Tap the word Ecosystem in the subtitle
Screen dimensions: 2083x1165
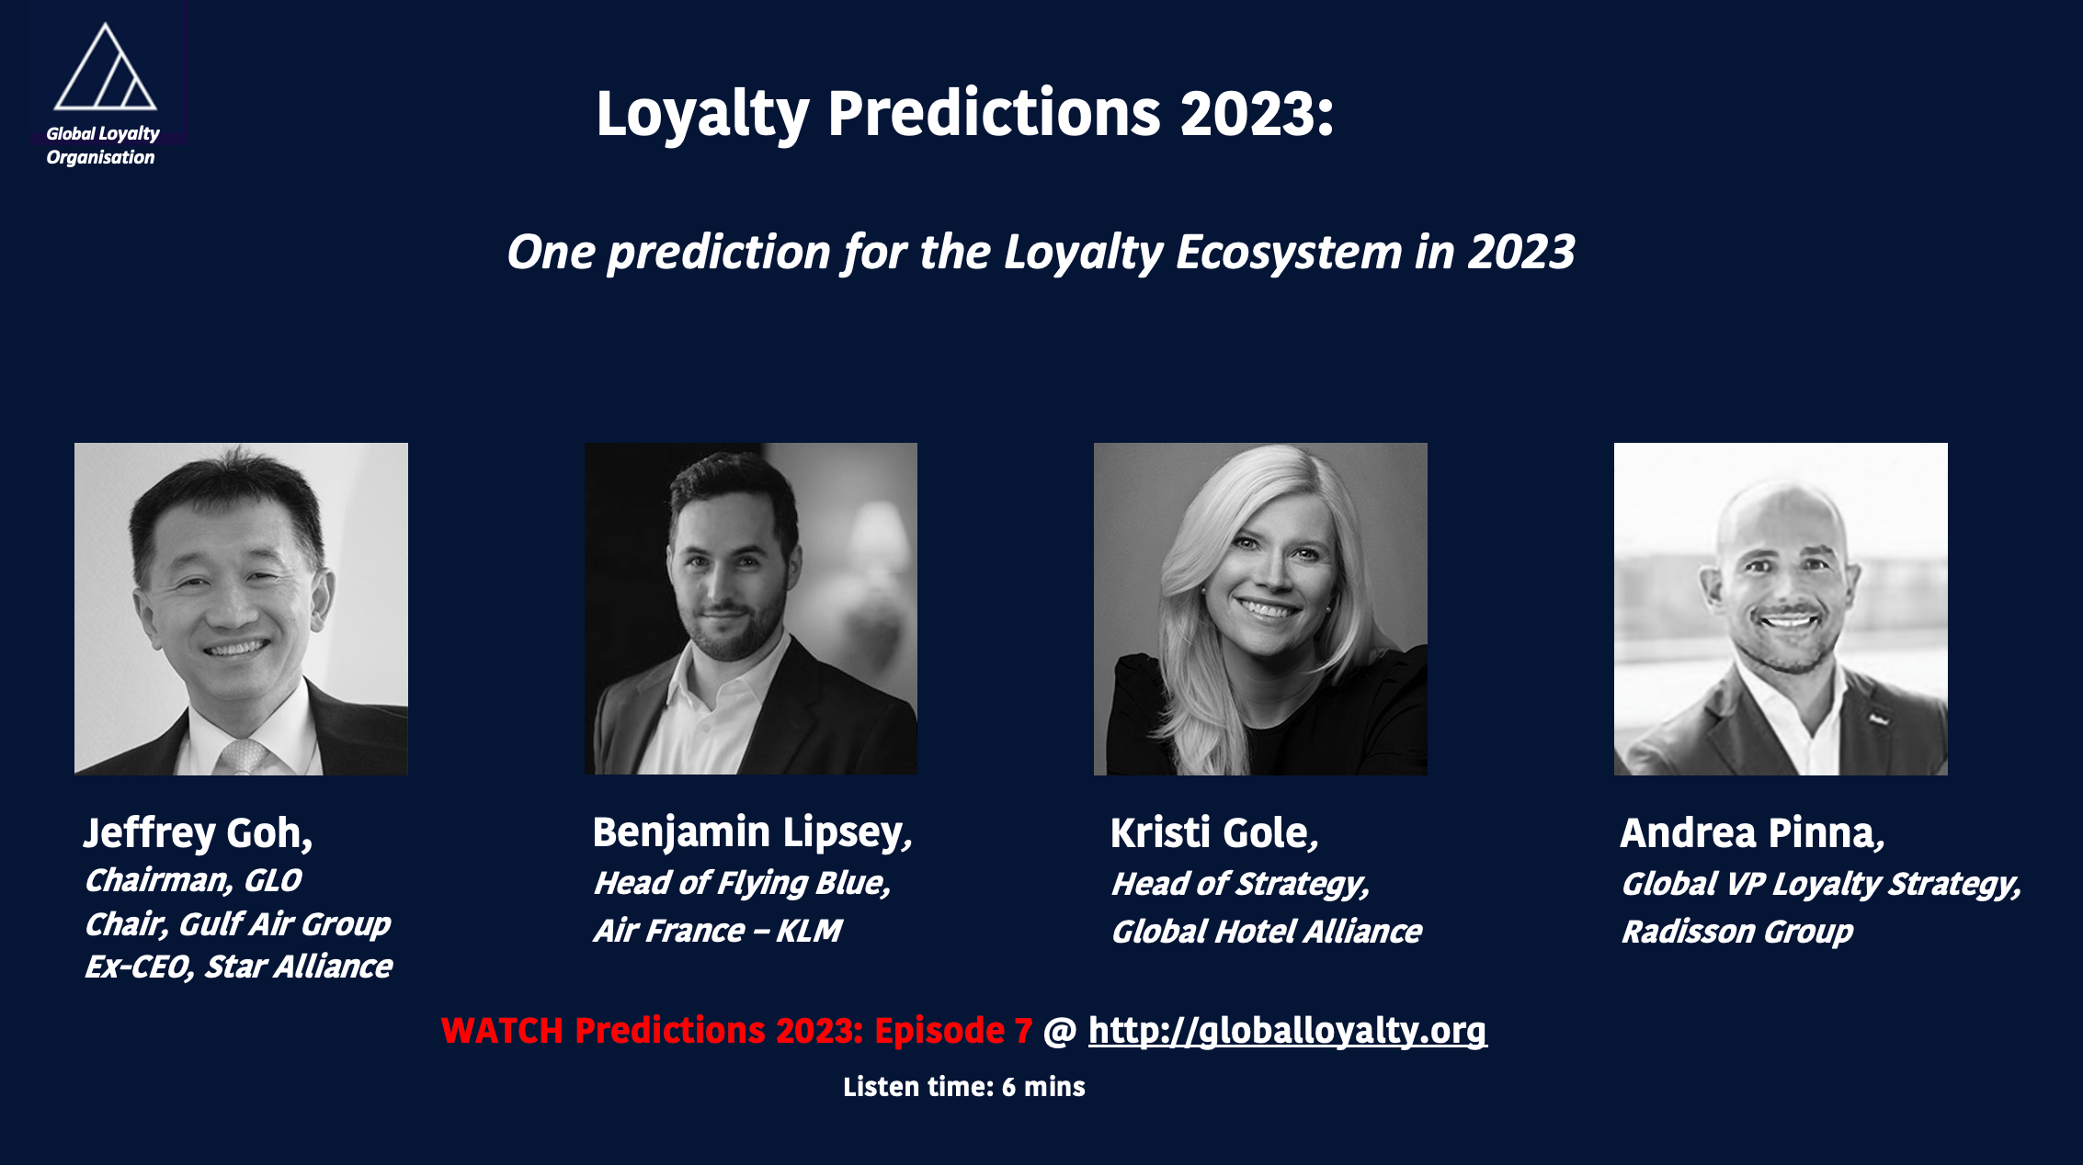tap(1290, 252)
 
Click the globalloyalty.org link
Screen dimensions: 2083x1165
tap(1287, 1031)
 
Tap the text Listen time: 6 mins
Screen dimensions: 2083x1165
tap(964, 1087)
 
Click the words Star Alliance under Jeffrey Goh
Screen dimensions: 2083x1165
tap(298, 967)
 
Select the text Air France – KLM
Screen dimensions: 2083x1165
tap(718, 931)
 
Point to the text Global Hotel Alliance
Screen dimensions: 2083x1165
tap(1267, 932)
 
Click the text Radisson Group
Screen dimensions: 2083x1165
tap(1737, 932)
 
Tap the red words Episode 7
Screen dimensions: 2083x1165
tap(953, 1031)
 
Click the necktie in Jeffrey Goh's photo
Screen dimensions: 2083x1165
tap(242, 756)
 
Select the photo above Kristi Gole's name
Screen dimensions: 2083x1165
tap(1260, 609)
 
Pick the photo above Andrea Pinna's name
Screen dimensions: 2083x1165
tap(1781, 609)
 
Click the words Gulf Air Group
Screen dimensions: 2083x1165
tap(284, 923)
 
